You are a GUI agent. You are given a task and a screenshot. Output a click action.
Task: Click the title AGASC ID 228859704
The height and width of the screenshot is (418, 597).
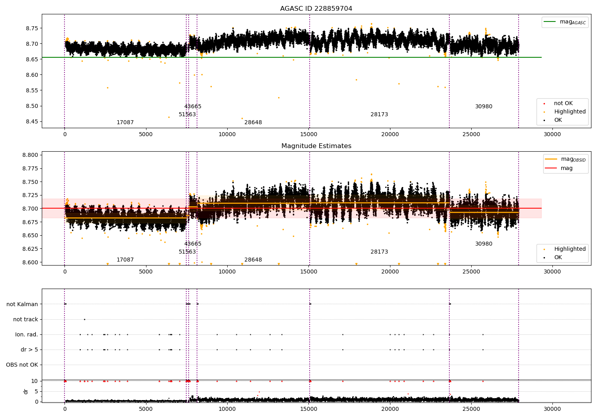point(316,9)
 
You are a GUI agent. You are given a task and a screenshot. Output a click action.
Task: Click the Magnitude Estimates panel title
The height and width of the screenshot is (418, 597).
point(316,146)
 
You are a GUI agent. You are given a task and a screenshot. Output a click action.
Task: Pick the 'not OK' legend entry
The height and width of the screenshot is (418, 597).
point(563,104)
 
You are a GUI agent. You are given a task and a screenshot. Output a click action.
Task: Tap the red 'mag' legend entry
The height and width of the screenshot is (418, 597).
point(566,168)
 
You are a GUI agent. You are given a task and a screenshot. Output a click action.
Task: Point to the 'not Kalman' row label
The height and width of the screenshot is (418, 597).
point(22,305)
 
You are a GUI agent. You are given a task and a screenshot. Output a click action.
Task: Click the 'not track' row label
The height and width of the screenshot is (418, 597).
point(25,320)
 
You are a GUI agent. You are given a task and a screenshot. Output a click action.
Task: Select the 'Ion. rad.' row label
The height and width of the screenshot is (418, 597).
point(27,335)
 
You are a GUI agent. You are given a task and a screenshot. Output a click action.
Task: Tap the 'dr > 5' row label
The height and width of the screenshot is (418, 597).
point(29,350)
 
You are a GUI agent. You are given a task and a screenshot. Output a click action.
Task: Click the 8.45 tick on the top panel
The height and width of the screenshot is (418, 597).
point(32,122)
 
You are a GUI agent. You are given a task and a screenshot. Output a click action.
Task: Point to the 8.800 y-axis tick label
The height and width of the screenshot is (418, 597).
point(30,155)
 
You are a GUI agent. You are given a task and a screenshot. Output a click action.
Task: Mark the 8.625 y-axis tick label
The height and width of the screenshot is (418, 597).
point(30,249)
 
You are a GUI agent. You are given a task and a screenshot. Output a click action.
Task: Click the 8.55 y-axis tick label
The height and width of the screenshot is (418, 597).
point(32,91)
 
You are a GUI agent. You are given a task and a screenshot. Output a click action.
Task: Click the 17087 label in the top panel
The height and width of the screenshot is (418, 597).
point(125,123)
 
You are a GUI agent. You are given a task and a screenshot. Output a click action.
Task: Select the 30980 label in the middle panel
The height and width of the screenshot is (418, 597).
point(484,244)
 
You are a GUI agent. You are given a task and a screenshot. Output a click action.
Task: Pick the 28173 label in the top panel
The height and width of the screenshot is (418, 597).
point(379,115)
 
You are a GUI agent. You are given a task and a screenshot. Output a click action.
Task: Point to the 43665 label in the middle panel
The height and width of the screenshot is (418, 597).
point(193,244)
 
